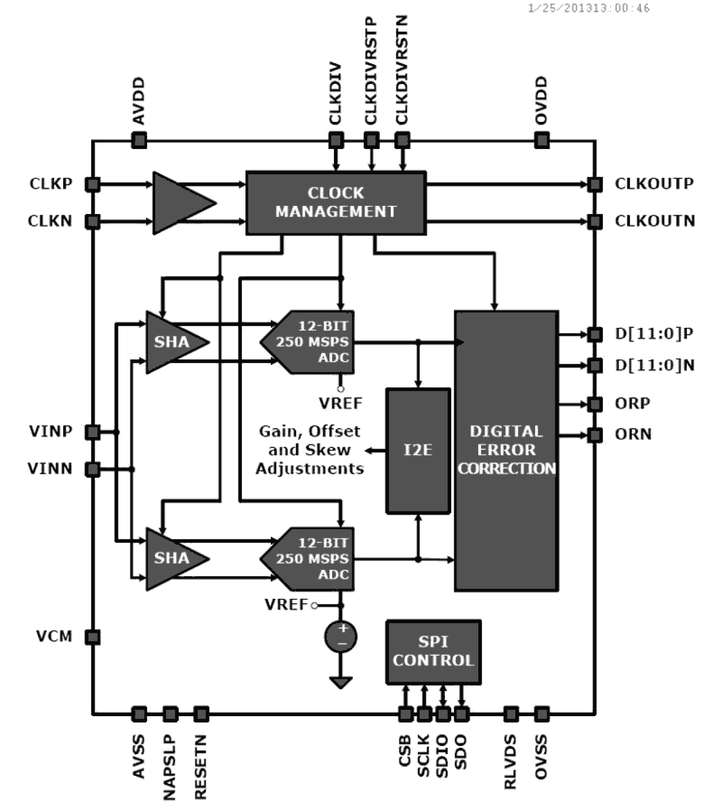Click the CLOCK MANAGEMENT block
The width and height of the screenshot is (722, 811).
point(336,202)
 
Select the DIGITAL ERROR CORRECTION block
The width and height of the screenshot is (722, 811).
point(506,450)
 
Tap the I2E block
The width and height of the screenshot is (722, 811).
point(418,450)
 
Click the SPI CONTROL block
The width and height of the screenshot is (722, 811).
point(433,651)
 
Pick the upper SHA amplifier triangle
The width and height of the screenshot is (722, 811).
point(172,342)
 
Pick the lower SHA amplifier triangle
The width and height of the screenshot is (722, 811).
point(172,558)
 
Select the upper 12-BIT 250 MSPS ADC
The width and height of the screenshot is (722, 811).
point(310,342)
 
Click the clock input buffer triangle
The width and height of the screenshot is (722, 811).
point(178,202)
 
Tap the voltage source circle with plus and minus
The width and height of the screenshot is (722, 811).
point(341,637)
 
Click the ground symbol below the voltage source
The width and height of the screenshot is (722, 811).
point(341,682)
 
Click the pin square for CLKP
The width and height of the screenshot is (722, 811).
point(93,185)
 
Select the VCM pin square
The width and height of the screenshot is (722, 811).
point(93,637)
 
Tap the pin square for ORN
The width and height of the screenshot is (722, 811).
point(595,435)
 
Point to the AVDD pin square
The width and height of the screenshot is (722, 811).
point(139,140)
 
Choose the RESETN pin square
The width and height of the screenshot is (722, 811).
point(201,714)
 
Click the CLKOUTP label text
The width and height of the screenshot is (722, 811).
point(654,183)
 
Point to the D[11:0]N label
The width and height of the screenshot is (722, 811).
point(654,365)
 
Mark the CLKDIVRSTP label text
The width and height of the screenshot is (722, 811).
point(371,71)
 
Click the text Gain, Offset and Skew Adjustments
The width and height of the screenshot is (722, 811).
point(310,450)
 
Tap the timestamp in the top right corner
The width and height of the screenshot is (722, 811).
point(589,8)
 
